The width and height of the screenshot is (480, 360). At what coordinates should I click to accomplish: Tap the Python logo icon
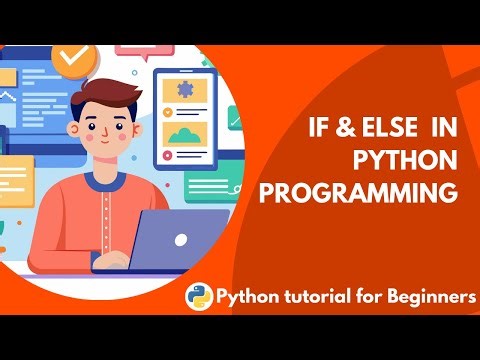(x=199, y=295)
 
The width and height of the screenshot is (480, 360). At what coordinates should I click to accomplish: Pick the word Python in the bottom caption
(x=246, y=296)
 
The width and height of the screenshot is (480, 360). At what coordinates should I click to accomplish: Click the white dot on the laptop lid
(x=181, y=241)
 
